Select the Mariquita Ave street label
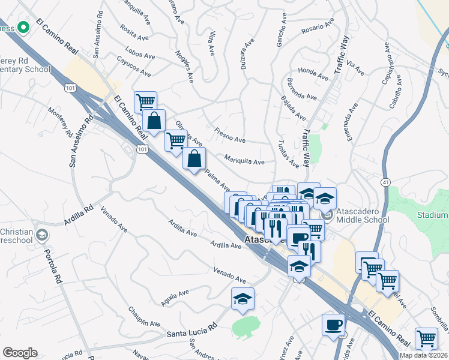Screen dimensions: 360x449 point(244,161)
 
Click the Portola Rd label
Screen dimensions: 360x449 point(53,263)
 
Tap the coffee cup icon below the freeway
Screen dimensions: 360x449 point(333,326)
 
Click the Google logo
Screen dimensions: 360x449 point(20,352)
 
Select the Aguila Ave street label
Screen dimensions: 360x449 point(175,296)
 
